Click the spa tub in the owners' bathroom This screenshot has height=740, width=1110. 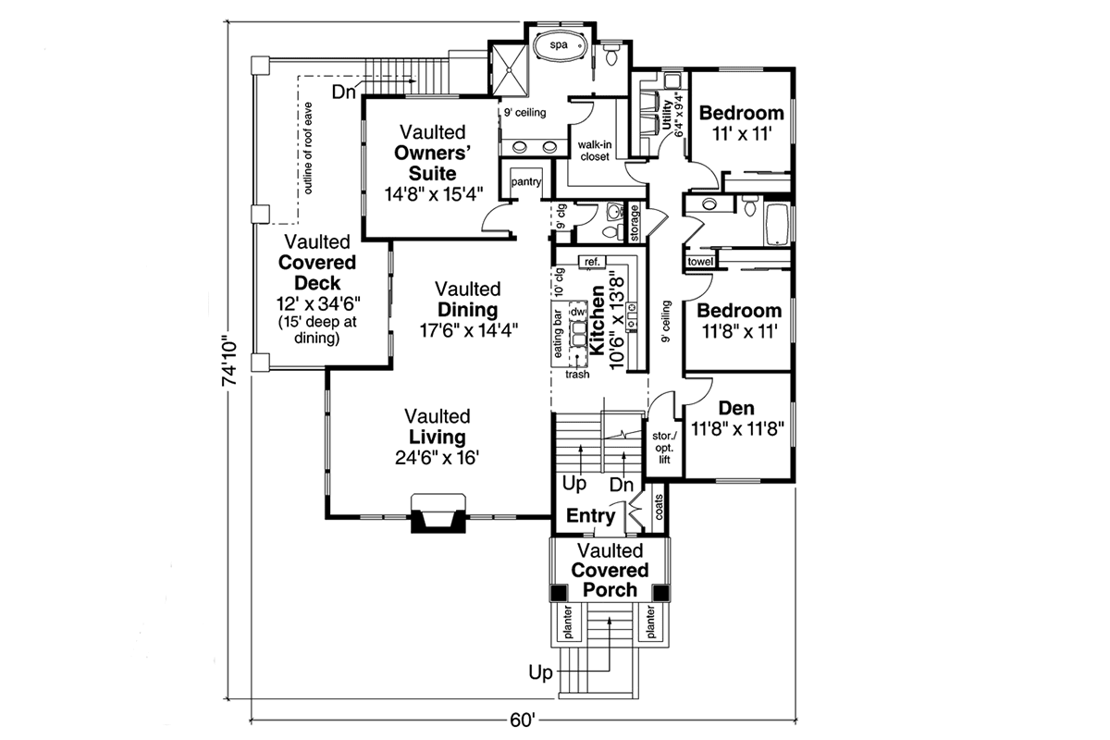(x=559, y=44)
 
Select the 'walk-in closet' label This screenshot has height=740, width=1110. (x=594, y=151)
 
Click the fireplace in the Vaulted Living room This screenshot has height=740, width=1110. (x=438, y=514)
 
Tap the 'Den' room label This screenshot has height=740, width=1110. (x=736, y=408)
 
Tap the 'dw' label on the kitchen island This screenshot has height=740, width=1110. (x=578, y=314)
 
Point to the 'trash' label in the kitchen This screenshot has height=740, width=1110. (x=578, y=375)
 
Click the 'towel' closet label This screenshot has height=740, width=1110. (x=699, y=263)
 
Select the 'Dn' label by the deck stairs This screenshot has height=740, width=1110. (x=344, y=92)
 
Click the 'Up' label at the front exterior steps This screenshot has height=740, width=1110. (x=542, y=669)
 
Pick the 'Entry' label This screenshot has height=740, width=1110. (x=590, y=516)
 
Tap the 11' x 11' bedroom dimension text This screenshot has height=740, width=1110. (x=741, y=133)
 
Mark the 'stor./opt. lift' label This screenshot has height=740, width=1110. (x=663, y=446)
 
